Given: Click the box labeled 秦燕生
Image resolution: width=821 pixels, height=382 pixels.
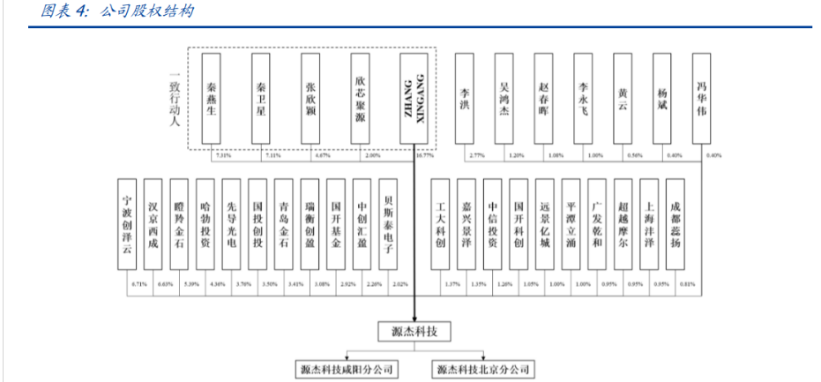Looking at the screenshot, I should pyautogui.click(x=213, y=99).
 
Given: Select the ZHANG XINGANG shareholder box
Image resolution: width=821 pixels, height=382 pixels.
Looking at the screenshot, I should pyautogui.click(x=414, y=99).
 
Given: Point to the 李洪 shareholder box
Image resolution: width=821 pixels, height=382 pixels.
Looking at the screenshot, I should pyautogui.click(x=465, y=99).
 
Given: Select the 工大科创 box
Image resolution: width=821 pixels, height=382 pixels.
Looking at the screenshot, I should pyautogui.click(x=441, y=224).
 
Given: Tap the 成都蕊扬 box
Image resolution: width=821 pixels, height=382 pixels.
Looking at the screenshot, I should pyautogui.click(x=675, y=224).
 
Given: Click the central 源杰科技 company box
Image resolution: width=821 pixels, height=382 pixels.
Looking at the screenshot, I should pyautogui.click(x=414, y=333).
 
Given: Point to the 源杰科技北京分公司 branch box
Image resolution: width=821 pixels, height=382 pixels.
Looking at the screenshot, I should pyautogui.click(x=483, y=369).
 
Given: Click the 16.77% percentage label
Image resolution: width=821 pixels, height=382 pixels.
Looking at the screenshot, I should pyautogui.click(x=424, y=156).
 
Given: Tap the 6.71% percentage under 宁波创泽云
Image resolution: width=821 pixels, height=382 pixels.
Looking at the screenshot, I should pyautogui.click(x=138, y=284).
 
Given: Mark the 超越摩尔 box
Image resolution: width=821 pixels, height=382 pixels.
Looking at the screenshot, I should pyautogui.click(x=623, y=224).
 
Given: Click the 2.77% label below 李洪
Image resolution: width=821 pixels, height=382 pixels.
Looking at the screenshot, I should pyautogui.click(x=477, y=156).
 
